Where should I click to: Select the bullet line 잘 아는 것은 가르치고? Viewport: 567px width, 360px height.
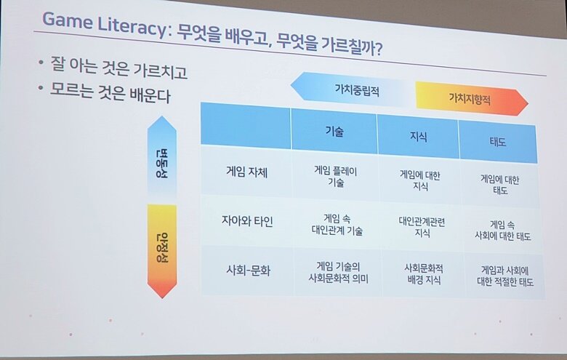(118, 68)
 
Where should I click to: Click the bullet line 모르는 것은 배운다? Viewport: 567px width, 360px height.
(110, 92)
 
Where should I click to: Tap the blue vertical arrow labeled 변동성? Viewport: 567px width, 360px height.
(162, 156)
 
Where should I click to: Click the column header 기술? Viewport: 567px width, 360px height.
(334, 132)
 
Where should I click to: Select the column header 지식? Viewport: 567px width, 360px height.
(419, 137)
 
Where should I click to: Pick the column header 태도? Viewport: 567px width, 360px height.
(497, 142)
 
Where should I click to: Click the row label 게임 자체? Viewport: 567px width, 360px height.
(246, 172)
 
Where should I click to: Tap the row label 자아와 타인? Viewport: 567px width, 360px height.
(247, 220)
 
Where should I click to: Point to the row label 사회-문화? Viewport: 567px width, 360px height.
(248, 270)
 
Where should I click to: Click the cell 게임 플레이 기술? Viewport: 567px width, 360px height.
(335, 176)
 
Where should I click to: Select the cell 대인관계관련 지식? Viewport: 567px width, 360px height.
(422, 227)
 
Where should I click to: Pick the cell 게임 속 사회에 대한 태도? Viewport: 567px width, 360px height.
(502, 231)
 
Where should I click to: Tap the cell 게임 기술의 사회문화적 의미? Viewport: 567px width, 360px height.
(338, 273)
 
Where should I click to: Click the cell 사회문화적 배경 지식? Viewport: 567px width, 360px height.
(424, 274)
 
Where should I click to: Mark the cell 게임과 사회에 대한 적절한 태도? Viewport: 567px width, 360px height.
(505, 276)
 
